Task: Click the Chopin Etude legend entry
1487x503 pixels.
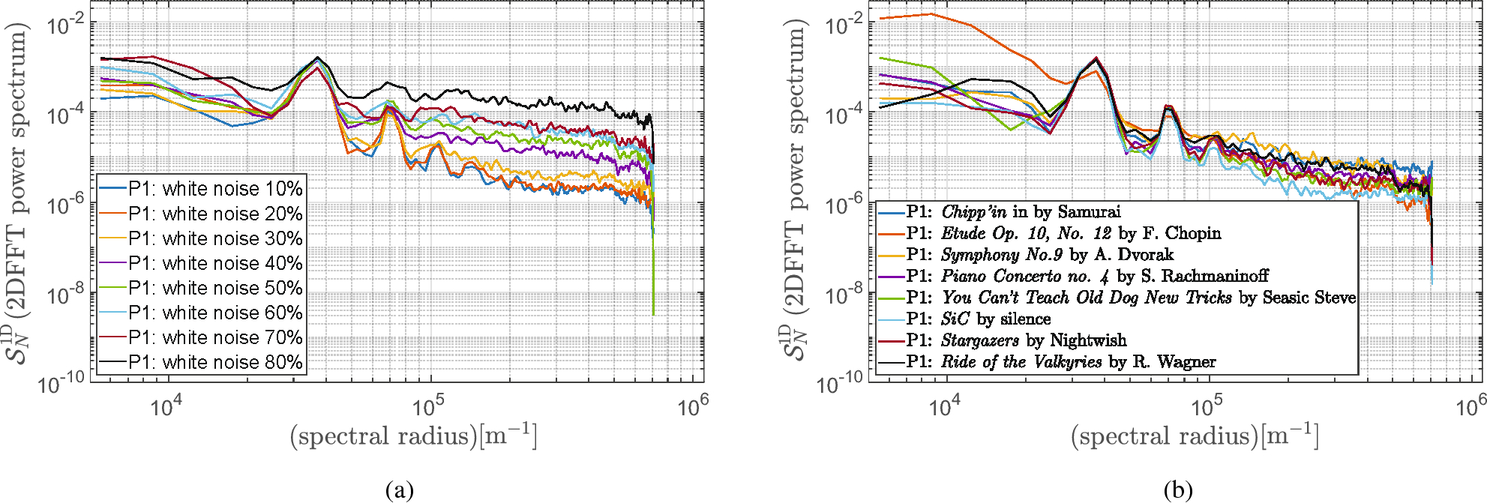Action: pyautogui.click(x=1063, y=233)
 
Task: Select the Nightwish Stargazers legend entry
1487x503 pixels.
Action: pyautogui.click(x=1016, y=340)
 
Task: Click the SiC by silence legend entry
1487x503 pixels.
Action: pyautogui.click(x=978, y=319)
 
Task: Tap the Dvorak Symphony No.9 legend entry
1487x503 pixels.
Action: pyautogui.click(x=1039, y=255)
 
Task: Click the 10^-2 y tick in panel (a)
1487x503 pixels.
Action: pyautogui.click(x=66, y=25)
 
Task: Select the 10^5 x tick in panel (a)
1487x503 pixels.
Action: pyautogui.click(x=428, y=407)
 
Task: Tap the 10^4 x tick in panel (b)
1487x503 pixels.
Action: pyautogui.click(x=944, y=407)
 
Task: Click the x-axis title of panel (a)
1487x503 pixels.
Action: pyautogui.click(x=413, y=436)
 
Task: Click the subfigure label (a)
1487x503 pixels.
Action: pyautogui.click(x=399, y=490)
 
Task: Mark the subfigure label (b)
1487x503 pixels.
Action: pyautogui.click(x=1177, y=490)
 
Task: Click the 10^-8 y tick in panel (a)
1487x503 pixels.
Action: pyautogui.click(x=66, y=295)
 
